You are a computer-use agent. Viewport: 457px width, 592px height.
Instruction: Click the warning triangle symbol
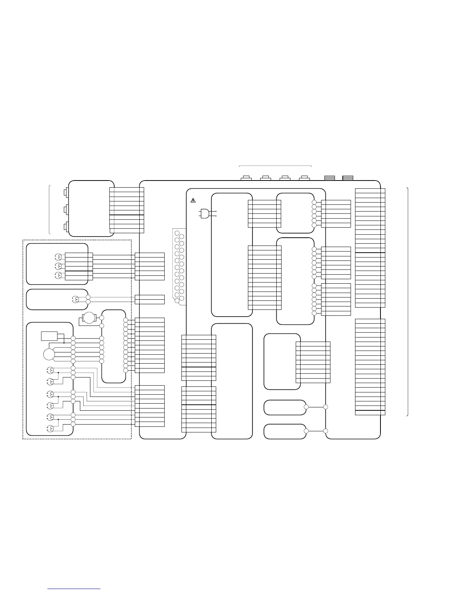pyautogui.click(x=193, y=200)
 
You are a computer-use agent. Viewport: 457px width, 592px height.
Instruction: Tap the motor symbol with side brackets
pyautogui.click(x=89, y=318)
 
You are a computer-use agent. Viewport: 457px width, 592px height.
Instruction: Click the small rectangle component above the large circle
pyautogui.click(x=49, y=336)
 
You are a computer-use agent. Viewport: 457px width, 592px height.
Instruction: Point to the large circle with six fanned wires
pyautogui.click(x=49, y=354)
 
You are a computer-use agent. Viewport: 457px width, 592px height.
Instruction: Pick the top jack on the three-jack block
pyautogui.click(x=66, y=193)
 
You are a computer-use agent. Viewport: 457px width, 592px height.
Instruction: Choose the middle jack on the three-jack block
pyautogui.click(x=66, y=210)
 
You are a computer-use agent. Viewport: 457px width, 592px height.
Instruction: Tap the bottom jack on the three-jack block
pyautogui.click(x=66, y=226)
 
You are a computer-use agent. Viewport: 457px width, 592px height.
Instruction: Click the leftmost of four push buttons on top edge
pyautogui.click(x=246, y=178)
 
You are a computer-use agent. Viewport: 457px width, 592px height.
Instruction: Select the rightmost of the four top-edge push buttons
pyautogui.click(x=305, y=178)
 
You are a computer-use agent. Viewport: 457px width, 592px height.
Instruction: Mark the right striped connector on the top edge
pyautogui.click(x=348, y=178)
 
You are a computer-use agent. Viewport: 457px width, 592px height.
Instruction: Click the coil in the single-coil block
pyautogui.click(x=75, y=299)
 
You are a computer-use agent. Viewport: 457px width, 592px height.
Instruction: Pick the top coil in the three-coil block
pyautogui.click(x=58, y=257)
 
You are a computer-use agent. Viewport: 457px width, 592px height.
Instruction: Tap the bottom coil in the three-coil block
pyautogui.click(x=58, y=275)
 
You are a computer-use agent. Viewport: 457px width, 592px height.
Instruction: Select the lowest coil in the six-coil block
pyautogui.click(x=49, y=428)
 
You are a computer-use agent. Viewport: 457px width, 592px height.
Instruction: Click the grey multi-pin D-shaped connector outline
pyautogui.click(x=179, y=267)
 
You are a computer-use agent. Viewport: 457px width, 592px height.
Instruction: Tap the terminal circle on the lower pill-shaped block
pyautogui.click(x=306, y=431)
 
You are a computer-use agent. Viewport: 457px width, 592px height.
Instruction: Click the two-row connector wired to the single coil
pyautogui.click(x=149, y=299)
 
